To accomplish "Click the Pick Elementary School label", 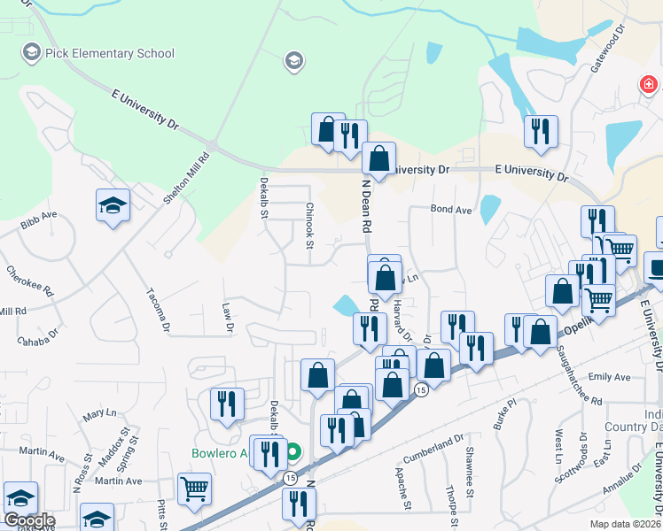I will coord(111,53).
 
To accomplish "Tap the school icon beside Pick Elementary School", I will coord(33,52).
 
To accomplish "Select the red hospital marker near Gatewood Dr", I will coord(650,85).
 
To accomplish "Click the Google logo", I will coord(29,520).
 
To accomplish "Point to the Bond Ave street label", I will coord(450,210).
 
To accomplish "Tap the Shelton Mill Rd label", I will coord(186,179).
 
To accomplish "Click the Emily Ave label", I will coord(609,377).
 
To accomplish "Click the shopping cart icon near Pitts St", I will coord(194,488).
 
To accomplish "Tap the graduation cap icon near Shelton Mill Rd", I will coord(113,206).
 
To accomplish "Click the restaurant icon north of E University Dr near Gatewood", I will coord(541,132).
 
